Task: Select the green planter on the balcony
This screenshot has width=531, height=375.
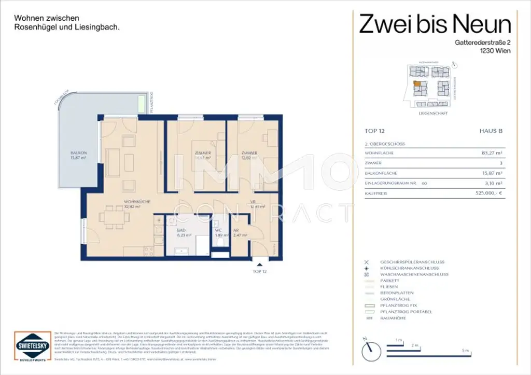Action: pyautogui.click(x=142, y=103)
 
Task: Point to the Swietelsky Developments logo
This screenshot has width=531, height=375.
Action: pyautogui.click(x=32, y=346)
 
